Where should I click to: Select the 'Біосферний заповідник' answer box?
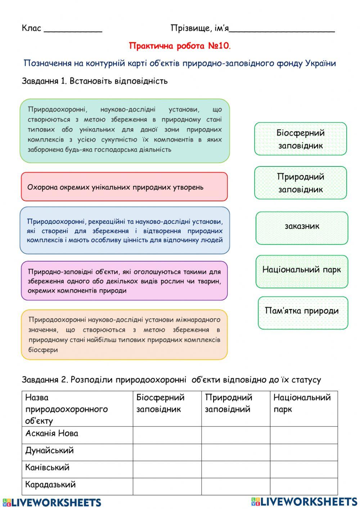[301, 139]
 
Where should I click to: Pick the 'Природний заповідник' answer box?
[301, 183]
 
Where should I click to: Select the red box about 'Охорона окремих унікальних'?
[124, 187]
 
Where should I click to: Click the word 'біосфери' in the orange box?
[43, 350]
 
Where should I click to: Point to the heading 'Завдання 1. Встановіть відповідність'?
[95, 81]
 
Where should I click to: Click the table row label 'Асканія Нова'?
[52, 433]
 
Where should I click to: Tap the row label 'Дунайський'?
[50, 450]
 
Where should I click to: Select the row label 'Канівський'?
[47, 468]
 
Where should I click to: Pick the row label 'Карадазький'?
[50, 485]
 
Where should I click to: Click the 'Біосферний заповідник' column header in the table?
[160, 403]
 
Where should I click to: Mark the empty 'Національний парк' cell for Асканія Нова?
[304, 435]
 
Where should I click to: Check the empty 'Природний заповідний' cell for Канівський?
[235, 469]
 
